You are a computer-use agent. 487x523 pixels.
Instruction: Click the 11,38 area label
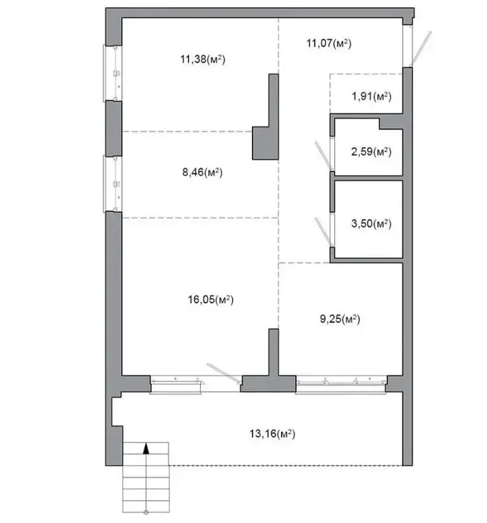tap(202, 59)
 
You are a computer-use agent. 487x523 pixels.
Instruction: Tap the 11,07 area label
tap(329, 43)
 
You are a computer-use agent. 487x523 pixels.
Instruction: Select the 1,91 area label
tap(371, 96)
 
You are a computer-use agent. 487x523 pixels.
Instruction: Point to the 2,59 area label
tap(371, 152)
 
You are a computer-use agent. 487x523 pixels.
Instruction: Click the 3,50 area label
tap(371, 223)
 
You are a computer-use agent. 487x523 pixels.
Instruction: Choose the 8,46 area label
tap(202, 172)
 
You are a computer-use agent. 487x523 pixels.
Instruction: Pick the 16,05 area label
tap(211, 300)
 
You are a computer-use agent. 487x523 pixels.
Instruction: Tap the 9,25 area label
tap(340, 319)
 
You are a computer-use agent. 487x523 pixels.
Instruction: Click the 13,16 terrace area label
tap(272, 434)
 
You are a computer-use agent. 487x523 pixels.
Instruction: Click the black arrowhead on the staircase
tap(146, 448)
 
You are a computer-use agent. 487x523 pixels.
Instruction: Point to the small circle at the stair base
tap(146, 513)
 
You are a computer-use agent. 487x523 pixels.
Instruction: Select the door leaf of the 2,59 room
tap(323, 156)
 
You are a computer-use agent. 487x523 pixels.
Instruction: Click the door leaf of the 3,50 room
tap(323, 232)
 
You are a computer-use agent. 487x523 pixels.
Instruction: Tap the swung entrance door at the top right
tap(421, 49)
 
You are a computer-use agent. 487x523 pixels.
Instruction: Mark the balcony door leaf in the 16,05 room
tap(224, 373)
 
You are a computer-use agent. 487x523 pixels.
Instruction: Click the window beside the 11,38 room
tap(112, 73)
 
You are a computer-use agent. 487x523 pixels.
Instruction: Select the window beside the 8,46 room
tap(112, 184)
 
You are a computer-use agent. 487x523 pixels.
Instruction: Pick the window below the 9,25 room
tap(340, 384)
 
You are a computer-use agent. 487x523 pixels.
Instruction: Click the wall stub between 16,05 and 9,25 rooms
tap(274, 352)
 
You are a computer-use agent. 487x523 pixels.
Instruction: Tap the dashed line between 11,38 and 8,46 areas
tap(187, 132)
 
